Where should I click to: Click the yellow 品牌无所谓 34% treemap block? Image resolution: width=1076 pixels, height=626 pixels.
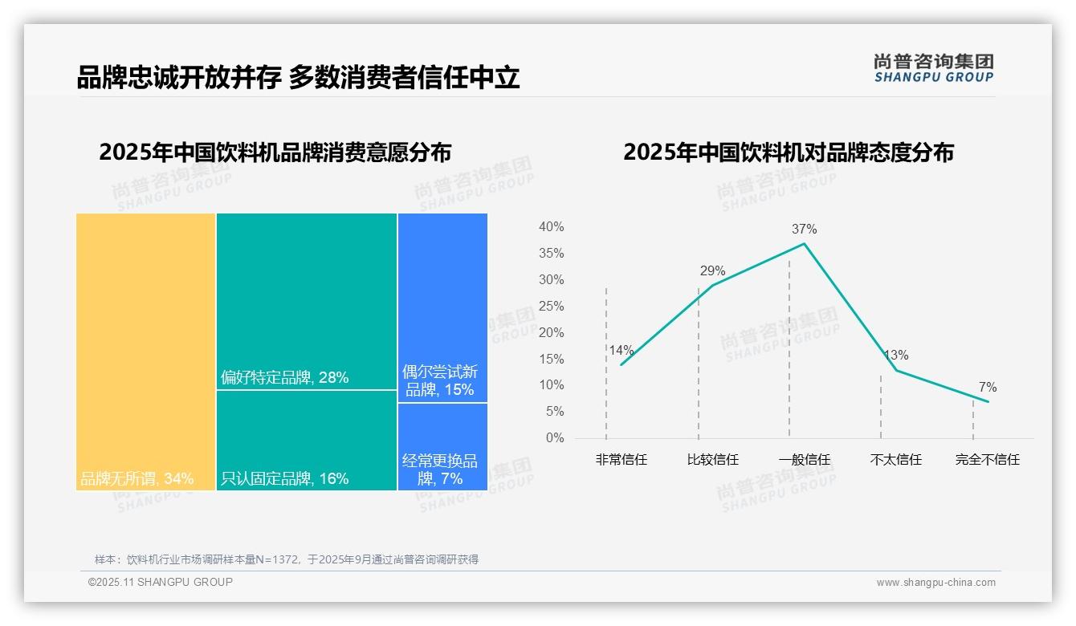click(145, 351)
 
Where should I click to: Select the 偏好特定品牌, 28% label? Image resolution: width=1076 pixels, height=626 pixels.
click(284, 378)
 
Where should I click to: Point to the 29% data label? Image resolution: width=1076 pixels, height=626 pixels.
click(712, 271)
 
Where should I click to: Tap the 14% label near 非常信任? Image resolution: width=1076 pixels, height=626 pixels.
click(621, 351)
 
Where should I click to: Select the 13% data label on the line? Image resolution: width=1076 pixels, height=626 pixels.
click(895, 356)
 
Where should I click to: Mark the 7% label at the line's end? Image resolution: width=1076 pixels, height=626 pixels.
click(987, 388)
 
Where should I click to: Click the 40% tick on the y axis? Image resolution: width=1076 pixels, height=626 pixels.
click(551, 227)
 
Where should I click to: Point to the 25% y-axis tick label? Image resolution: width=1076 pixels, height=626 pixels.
click(551, 307)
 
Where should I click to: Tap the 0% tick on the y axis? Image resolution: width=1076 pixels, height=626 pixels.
click(554, 438)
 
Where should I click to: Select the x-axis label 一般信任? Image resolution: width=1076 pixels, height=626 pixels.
click(804, 460)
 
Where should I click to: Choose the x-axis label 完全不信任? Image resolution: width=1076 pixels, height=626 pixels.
click(987, 460)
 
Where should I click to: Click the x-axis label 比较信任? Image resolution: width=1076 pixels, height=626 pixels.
click(712, 460)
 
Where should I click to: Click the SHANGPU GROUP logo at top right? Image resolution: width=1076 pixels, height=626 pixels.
click(933, 68)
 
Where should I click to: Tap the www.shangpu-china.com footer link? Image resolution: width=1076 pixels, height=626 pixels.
click(935, 583)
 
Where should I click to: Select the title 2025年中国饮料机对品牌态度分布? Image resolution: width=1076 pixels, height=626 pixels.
click(788, 152)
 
